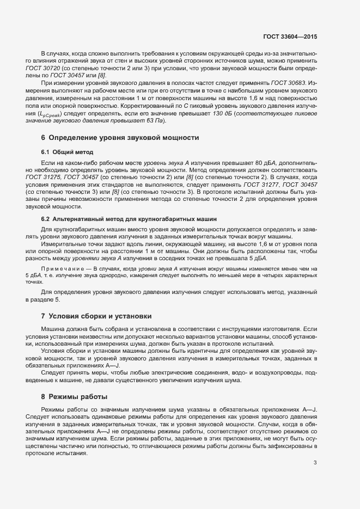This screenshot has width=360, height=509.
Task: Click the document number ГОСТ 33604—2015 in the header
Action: tap(289, 36)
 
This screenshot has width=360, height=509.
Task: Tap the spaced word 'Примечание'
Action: tap(62, 269)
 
